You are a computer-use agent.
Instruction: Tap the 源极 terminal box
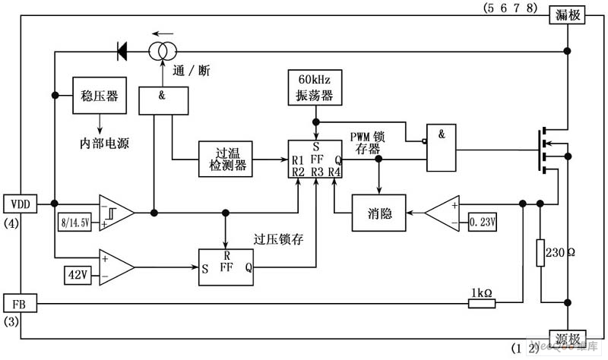coord(567,339)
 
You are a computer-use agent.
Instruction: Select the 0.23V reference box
coord(482,221)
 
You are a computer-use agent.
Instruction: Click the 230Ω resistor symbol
coord(540,251)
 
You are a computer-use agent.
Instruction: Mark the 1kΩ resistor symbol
coord(481,304)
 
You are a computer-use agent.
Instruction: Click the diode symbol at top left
coord(122,51)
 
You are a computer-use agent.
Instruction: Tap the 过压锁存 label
coord(279,239)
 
